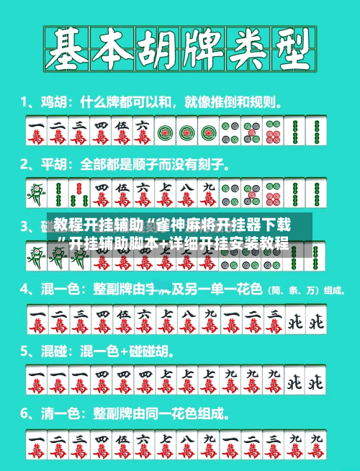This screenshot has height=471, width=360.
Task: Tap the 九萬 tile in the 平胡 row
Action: point(208,192)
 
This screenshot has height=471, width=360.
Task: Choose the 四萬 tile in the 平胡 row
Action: point(101,192)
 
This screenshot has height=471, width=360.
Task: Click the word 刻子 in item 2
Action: point(215,163)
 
